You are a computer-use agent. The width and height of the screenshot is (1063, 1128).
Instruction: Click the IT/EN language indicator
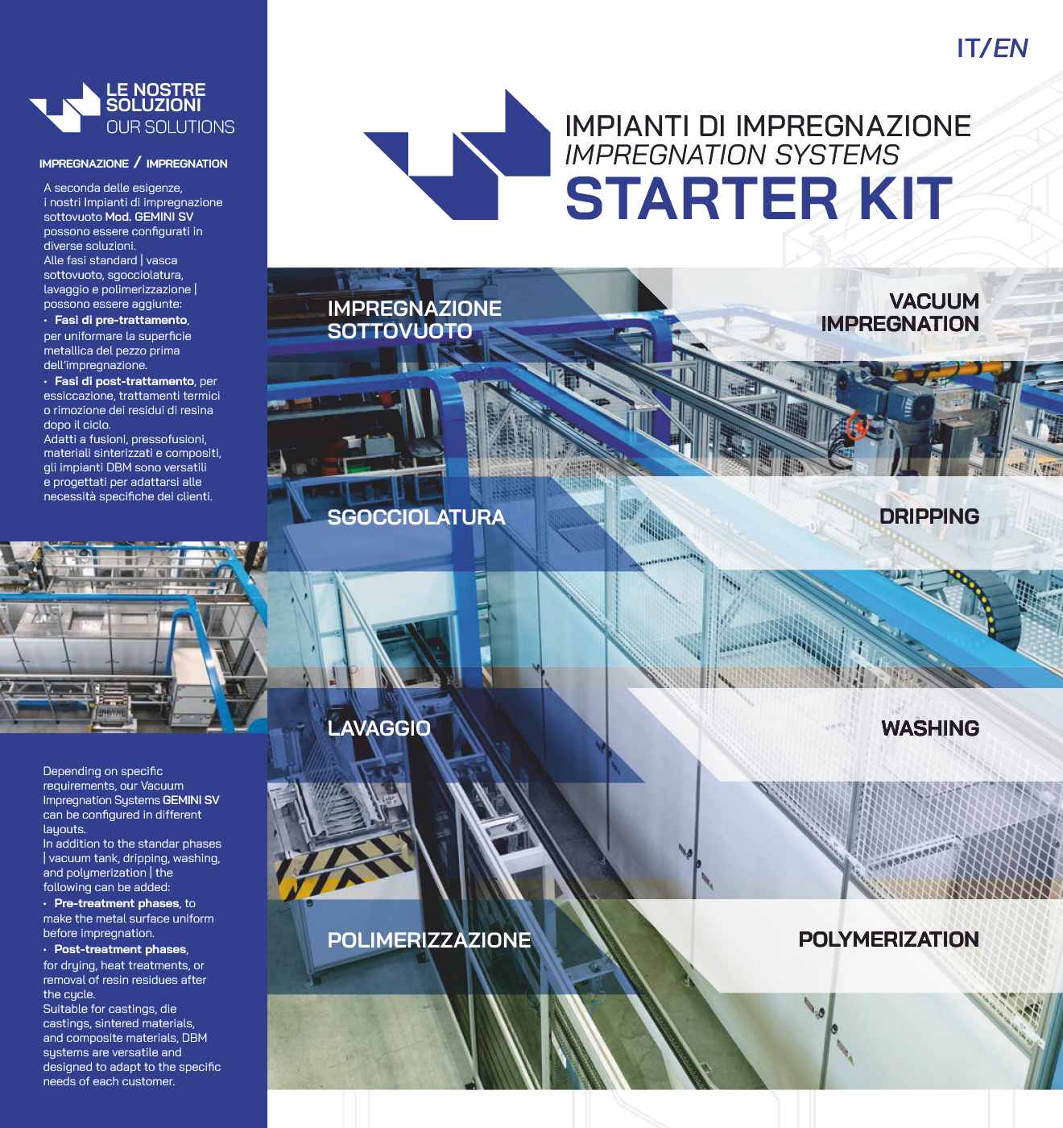(991, 48)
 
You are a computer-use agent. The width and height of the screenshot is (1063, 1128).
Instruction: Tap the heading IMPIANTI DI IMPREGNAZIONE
(767, 126)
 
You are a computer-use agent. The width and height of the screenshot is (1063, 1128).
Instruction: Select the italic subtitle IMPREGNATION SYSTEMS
(731, 154)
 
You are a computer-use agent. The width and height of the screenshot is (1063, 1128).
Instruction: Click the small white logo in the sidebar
(64, 107)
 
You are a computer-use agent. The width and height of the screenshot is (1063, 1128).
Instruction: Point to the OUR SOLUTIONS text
(170, 127)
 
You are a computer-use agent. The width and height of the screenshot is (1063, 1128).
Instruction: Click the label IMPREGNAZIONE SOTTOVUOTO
(414, 319)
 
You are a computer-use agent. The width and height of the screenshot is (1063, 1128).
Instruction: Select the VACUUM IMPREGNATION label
(900, 312)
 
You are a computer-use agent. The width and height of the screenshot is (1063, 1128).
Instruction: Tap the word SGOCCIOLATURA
(416, 517)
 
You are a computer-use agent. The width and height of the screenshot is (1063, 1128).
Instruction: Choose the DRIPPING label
(929, 516)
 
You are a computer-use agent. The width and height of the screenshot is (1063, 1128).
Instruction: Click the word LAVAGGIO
(378, 728)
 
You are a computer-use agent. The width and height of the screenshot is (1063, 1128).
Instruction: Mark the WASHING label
(929, 728)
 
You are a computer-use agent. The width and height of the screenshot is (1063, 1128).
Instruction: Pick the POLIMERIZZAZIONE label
(428, 939)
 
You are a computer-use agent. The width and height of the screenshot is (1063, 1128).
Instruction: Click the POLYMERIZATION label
(888, 939)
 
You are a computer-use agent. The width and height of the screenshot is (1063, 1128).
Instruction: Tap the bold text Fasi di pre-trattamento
(121, 320)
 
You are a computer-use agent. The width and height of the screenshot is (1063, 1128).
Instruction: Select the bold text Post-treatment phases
(120, 949)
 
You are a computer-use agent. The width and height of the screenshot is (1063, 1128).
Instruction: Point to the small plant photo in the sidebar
(133, 637)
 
